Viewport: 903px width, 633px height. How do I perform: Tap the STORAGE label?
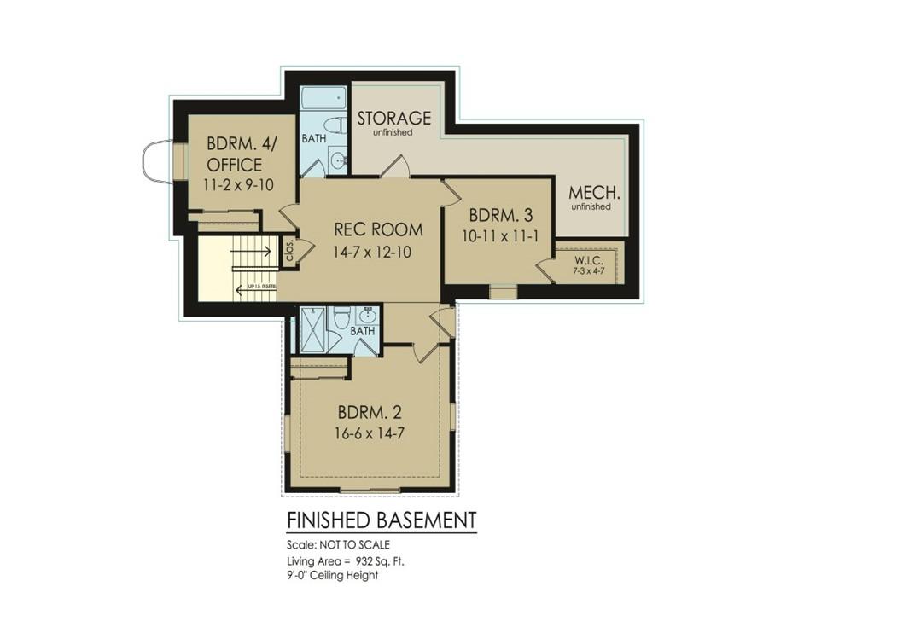(393, 118)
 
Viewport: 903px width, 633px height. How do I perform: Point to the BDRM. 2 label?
(369, 412)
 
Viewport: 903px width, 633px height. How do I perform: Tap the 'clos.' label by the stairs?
(289, 250)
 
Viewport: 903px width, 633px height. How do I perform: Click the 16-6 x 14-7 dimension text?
(369, 433)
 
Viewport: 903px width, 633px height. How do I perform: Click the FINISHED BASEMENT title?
(381, 520)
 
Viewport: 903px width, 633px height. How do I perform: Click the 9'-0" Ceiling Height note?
(332, 575)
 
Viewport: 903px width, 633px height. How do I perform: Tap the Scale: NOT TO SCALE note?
(338, 544)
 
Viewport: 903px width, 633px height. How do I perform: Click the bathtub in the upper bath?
(323, 96)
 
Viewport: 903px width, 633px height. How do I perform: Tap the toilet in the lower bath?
(341, 317)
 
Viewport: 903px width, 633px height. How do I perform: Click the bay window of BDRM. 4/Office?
(159, 161)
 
